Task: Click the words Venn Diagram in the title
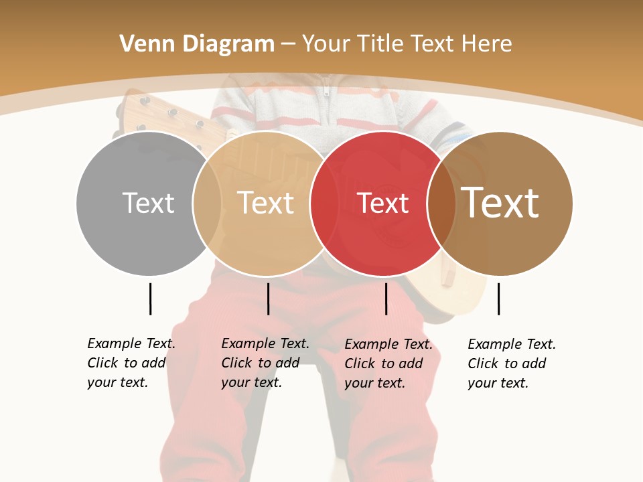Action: (197, 44)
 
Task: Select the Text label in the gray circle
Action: (148, 203)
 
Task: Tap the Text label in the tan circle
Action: (266, 203)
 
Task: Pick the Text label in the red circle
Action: (382, 203)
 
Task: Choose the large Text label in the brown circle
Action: (500, 202)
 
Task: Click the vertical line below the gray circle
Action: (150, 299)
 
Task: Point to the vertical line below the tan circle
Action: (268, 299)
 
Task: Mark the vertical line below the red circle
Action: (386, 299)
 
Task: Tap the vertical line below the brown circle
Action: (498, 299)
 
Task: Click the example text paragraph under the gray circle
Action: (131, 363)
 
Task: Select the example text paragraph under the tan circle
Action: (265, 363)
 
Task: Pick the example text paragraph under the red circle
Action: (388, 364)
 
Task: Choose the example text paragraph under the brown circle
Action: (512, 364)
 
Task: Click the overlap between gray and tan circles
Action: (207, 203)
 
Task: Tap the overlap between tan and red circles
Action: (323, 203)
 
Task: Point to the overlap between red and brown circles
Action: (441, 203)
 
